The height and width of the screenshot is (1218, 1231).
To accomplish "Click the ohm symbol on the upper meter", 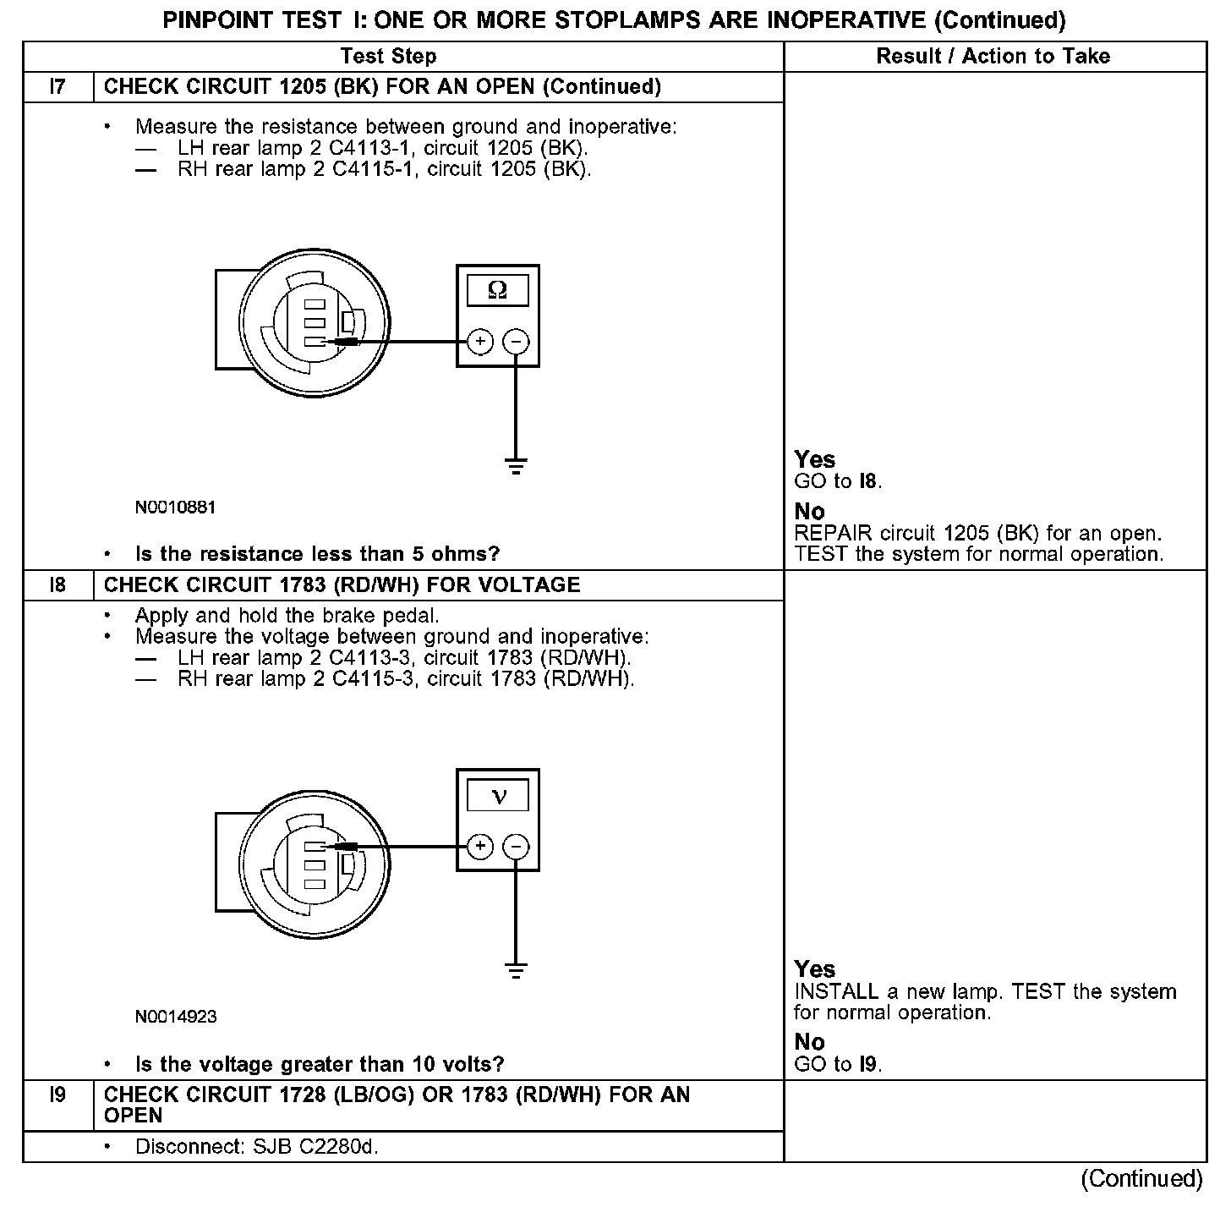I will coord(498,290).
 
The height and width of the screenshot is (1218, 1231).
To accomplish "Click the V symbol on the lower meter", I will coord(498,796).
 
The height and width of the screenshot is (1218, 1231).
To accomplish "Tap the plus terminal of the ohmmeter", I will coord(479,342).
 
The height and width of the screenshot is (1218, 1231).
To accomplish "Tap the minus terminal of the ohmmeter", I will coord(516,342).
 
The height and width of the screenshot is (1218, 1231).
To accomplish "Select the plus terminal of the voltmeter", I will coord(479,846).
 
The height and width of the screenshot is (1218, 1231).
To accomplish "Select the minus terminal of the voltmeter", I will coord(516,846).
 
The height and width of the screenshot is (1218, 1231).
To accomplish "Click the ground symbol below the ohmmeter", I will coord(516,465).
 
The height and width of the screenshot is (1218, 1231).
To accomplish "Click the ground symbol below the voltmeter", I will coord(516,969).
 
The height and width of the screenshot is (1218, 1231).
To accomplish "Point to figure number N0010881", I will coord(175,507).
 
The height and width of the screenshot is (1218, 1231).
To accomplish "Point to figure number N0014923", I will coord(175,1017).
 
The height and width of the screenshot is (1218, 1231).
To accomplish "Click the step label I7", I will coord(57,87).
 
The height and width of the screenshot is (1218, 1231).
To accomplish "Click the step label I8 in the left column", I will coord(57,585).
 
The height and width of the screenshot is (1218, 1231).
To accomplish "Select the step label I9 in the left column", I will coord(57,1095).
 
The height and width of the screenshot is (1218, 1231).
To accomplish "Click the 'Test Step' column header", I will coord(388,57).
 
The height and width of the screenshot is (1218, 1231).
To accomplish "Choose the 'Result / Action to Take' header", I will coord(993,57).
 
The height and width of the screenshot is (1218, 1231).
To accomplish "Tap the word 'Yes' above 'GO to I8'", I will coord(815,460).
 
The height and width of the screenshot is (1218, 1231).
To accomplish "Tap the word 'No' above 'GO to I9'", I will coord(809,1042).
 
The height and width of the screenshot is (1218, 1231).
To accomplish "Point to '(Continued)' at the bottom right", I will coord(1141,1179).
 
